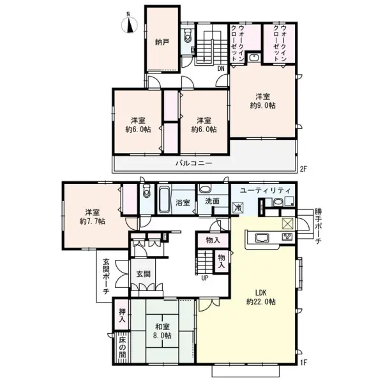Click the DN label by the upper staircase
[x=220, y=68]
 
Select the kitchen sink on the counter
[x=262, y=239]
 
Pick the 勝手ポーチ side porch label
[x=317, y=226]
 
